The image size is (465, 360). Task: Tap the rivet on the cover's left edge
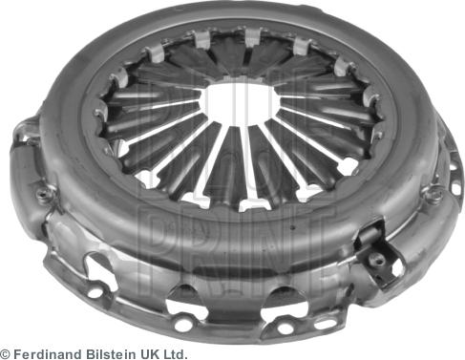44,196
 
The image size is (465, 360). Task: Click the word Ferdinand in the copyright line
51,352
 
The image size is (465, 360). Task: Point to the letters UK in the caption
148,352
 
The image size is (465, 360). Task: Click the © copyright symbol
6,352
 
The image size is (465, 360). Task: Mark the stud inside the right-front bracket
379,258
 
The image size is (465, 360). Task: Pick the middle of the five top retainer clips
251,38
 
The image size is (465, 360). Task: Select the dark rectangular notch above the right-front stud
370,233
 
